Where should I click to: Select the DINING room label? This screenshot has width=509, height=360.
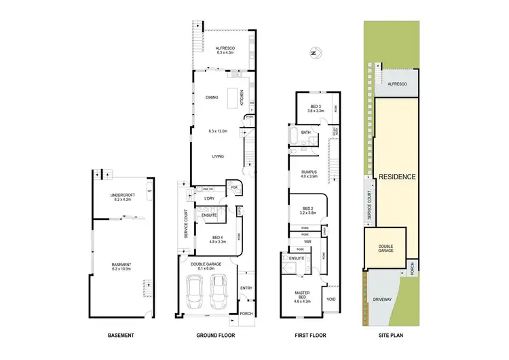tap(212, 98)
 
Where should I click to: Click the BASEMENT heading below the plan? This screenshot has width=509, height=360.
tap(120, 336)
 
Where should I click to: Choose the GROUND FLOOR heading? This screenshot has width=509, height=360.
tap(215, 336)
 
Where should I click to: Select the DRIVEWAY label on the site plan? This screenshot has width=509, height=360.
tap(386, 300)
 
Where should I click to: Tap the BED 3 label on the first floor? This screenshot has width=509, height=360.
tap(315, 107)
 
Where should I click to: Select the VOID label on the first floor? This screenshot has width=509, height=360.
tap(331, 298)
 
